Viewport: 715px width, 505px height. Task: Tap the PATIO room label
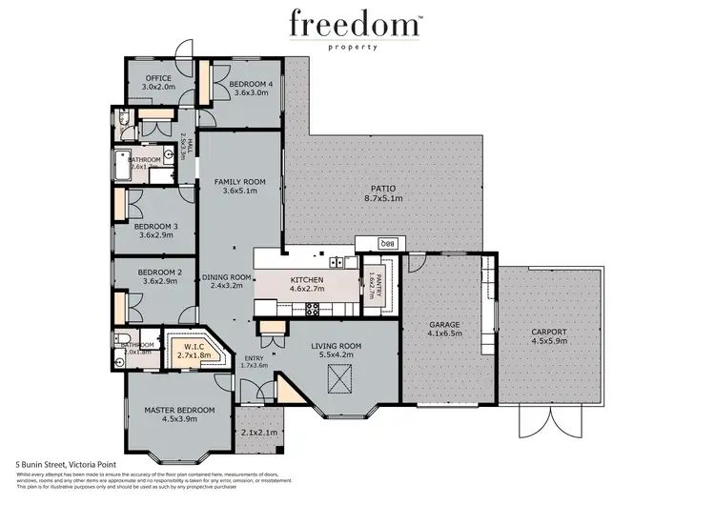(x=383, y=188)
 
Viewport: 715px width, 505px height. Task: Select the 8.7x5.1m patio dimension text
(x=383, y=199)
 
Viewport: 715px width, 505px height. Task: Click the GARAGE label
(x=443, y=324)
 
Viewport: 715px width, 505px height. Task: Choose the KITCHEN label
(x=307, y=278)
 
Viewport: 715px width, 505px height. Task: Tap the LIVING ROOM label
(x=336, y=345)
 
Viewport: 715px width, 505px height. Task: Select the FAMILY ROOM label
(x=238, y=180)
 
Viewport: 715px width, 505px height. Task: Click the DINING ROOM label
(x=227, y=277)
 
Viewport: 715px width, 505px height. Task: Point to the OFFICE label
(x=157, y=79)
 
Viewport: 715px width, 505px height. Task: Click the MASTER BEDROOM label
(x=179, y=410)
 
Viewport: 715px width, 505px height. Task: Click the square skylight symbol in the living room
(x=336, y=380)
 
